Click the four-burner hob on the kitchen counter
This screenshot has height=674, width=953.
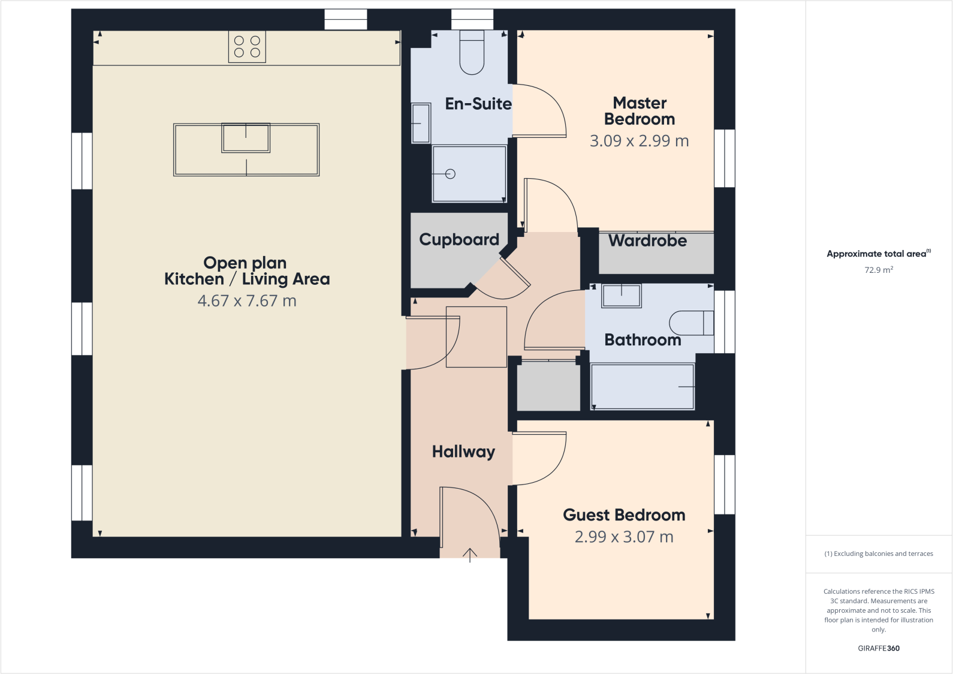[247, 47]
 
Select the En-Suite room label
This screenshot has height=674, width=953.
[478, 104]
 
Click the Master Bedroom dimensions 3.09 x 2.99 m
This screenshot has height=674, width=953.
[639, 141]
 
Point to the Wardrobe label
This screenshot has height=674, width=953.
[647, 241]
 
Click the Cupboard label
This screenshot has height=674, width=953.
[459, 240]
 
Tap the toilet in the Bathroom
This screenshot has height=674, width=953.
[691, 323]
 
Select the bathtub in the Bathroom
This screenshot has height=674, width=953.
[642, 387]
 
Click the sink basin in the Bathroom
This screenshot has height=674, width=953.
[622, 296]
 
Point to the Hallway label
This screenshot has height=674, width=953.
[463, 452]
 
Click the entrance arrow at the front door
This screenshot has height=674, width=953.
[470, 555]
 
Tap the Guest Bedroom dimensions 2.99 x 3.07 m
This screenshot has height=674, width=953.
[623, 537]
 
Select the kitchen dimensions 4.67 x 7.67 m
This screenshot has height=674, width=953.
[247, 301]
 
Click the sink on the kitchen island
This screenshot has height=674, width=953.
[246, 138]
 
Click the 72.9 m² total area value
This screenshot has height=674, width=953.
[879, 270]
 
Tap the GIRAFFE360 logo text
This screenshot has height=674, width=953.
[879, 648]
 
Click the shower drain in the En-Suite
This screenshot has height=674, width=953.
[451, 174]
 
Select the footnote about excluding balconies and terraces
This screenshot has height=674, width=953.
[879, 553]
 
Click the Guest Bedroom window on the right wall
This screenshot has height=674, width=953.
[725, 485]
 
